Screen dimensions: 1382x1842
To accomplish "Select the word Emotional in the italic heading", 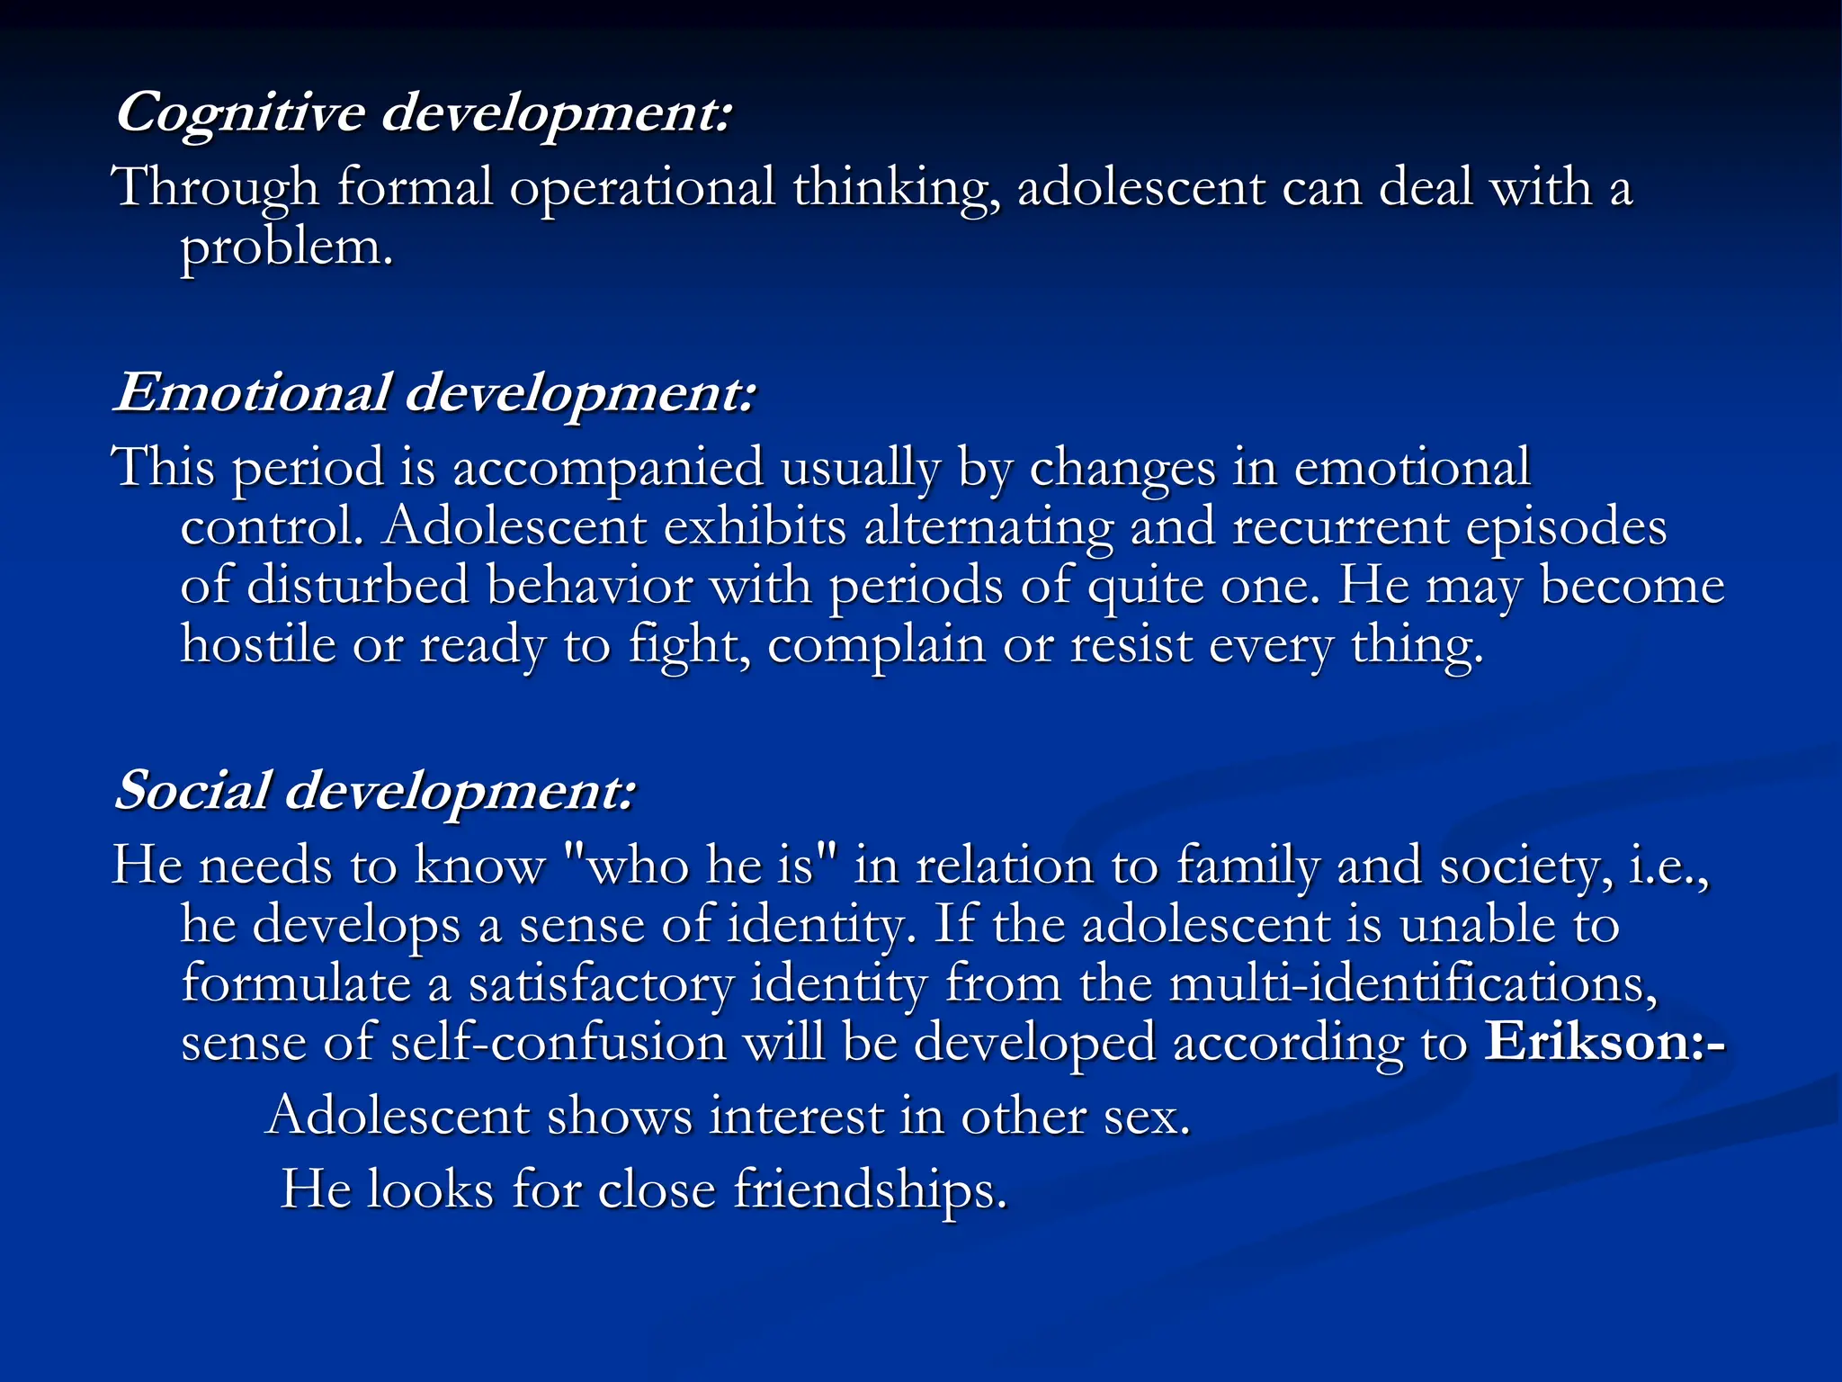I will pyautogui.click(x=252, y=393).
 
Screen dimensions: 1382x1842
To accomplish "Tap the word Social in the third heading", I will pyautogui.click(x=192, y=791).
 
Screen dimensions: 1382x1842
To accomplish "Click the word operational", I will pyautogui.click(x=642, y=188).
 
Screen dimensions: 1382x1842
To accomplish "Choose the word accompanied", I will pyautogui.click(x=608, y=468).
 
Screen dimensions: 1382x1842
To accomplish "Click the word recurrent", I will pyautogui.click(x=1340, y=527).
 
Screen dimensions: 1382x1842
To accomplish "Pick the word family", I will pyautogui.click(x=1248, y=867).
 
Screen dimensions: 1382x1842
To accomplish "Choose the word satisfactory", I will pyautogui.click(x=601, y=984).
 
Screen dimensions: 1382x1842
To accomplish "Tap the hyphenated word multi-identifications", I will pyautogui.click(x=1412, y=983).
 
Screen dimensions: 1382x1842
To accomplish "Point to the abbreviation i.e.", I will pyautogui.click(x=1668, y=866).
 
